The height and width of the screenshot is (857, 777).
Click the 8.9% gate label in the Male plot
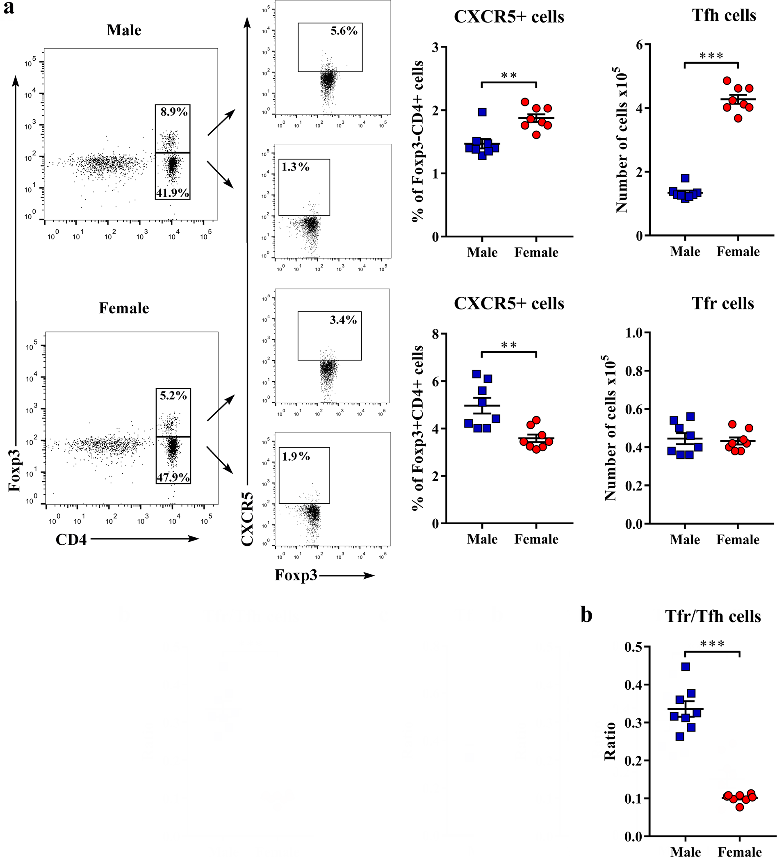pyautogui.click(x=174, y=112)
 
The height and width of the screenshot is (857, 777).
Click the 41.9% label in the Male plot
pyautogui.click(x=173, y=193)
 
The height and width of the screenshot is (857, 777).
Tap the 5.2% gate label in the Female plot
pyautogui.click(x=173, y=396)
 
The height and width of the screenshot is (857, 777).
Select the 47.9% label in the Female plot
pyautogui.click(x=173, y=477)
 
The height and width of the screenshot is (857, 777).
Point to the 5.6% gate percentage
pyautogui.click(x=344, y=31)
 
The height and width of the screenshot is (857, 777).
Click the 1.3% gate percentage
pyautogui.click(x=296, y=167)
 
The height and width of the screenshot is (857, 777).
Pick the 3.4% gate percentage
pyautogui.click(x=343, y=320)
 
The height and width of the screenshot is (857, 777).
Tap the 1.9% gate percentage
pyautogui.click(x=296, y=456)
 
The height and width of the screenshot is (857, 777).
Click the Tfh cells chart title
pyautogui.click(x=724, y=15)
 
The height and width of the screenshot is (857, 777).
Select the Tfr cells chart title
pyautogui.click(x=722, y=303)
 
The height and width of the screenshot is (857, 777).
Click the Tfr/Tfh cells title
pyautogui.click(x=713, y=616)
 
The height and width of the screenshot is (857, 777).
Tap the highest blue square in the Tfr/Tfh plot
pyautogui.click(x=685, y=666)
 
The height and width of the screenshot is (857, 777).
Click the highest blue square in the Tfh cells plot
pyautogui.click(x=685, y=178)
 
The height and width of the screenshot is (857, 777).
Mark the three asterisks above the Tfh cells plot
pyautogui.click(x=711, y=56)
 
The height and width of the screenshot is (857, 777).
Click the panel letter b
pyautogui.click(x=586, y=615)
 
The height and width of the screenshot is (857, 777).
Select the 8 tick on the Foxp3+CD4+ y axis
pyautogui.click(x=435, y=334)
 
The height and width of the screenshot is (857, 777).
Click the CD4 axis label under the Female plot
pyautogui.click(x=71, y=539)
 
